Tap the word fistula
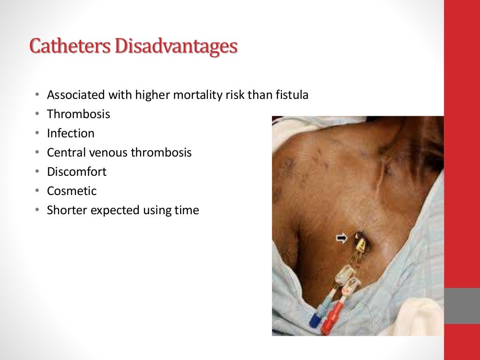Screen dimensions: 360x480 tap(291, 95)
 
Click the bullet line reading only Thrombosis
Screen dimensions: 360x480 tap(78, 114)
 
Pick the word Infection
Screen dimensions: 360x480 tap(70, 134)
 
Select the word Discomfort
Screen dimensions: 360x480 tap(76, 172)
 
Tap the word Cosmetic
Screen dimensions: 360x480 tap(71, 191)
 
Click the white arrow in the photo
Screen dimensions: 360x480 tap(342, 239)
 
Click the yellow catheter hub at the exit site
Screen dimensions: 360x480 tap(361, 244)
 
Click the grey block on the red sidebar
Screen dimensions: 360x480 tap(462, 306)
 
